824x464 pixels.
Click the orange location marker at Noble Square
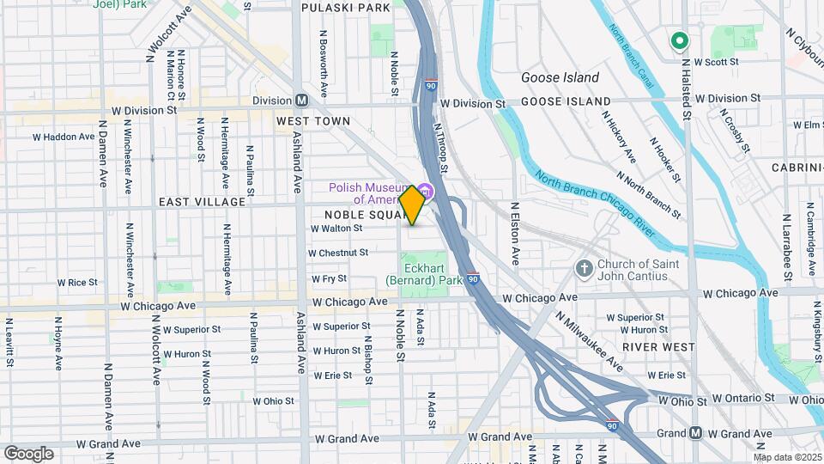tap(412, 205)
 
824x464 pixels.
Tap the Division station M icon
tap(301, 100)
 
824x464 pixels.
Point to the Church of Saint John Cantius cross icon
tap(585, 269)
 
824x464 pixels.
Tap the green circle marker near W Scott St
tap(680, 40)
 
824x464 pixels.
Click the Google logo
tap(28, 453)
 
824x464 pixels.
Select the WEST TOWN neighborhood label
tap(313, 121)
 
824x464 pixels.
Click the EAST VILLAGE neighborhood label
tap(202, 201)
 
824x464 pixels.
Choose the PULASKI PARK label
tap(346, 7)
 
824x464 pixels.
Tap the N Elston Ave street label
tap(516, 233)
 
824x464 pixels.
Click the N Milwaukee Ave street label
tap(589, 340)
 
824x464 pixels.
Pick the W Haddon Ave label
tap(64, 137)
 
